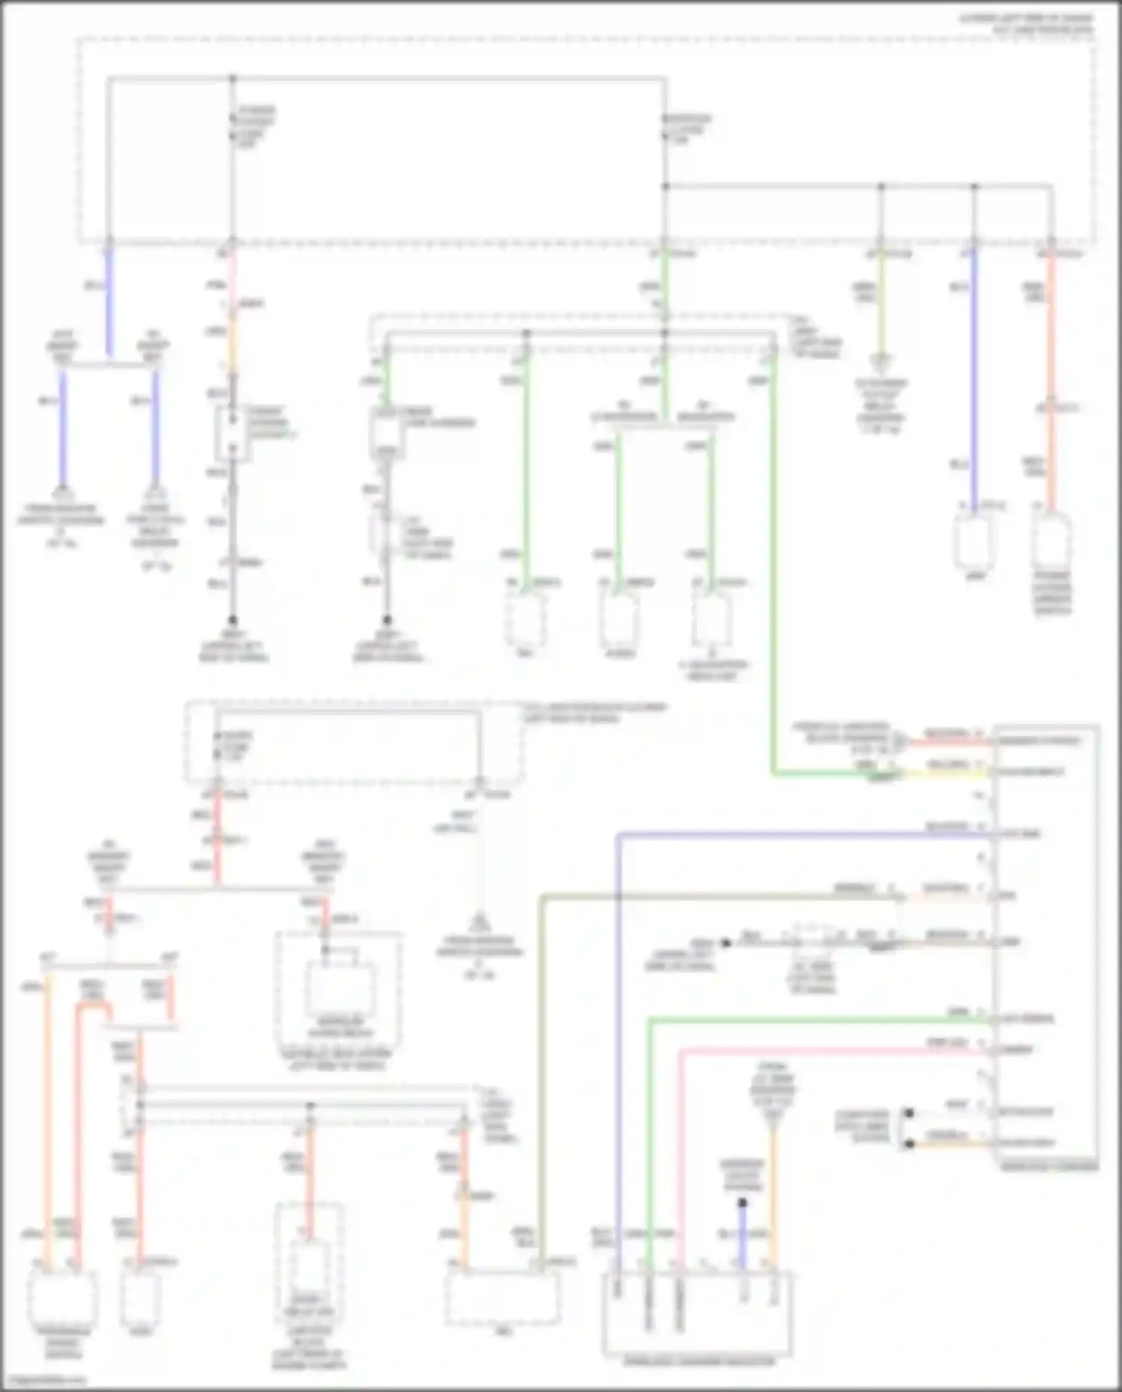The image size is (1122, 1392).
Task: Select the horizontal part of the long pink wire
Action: (x=823, y=1051)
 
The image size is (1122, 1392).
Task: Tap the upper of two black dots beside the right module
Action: (x=909, y=1113)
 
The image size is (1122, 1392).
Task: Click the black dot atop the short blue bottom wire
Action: (x=743, y=1203)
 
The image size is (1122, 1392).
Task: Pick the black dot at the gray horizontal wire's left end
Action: (x=726, y=942)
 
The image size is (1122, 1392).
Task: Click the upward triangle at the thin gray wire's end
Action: (x=479, y=922)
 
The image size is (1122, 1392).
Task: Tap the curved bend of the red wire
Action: (x=84, y=1011)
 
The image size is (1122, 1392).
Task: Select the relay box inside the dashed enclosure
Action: (x=340, y=987)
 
